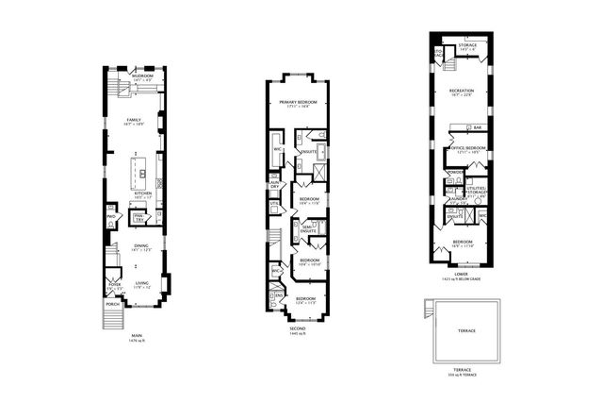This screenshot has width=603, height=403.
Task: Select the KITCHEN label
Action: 142,193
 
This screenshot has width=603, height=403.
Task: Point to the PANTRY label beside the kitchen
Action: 138,217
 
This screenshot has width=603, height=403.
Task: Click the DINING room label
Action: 140,246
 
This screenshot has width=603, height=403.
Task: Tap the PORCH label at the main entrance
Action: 113,304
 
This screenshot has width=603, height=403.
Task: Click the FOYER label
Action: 114,283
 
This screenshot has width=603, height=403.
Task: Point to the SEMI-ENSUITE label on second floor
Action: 307,227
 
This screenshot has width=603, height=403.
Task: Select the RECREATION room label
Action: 462,91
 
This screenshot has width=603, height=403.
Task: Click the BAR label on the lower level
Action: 478,127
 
